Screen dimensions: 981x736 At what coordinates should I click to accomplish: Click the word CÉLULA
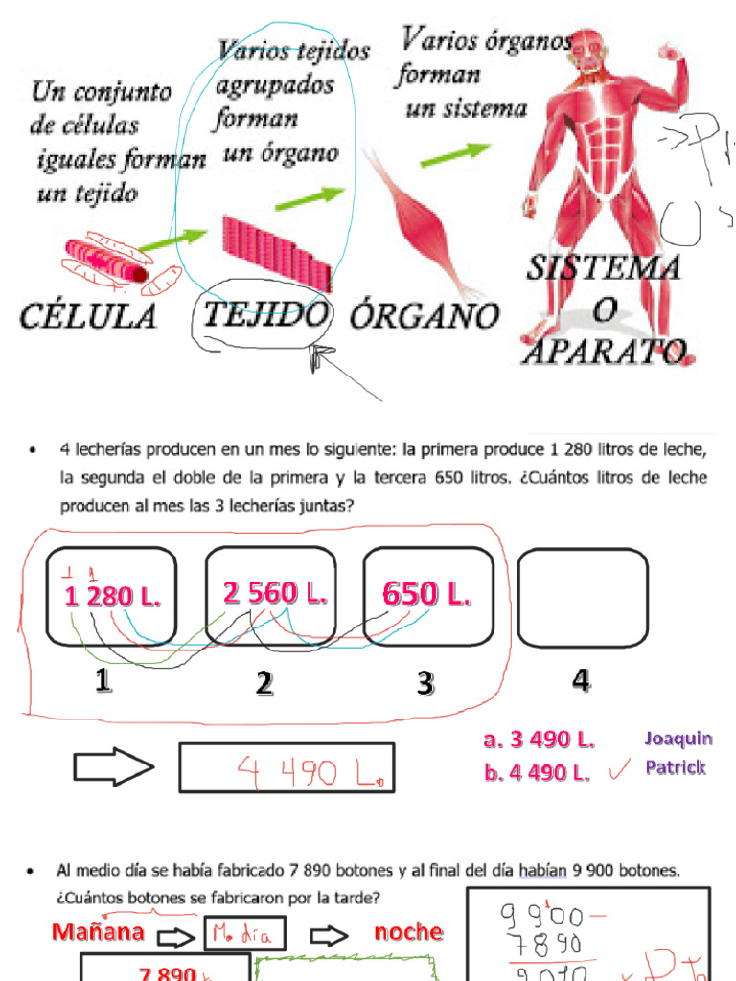tap(87, 316)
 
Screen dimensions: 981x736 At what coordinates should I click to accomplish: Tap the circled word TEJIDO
tap(265, 314)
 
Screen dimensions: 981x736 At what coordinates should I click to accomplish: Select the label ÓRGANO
tap(425, 315)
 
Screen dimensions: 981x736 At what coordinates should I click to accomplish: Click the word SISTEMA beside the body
tap(603, 267)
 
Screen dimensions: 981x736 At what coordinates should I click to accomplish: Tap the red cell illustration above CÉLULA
tap(107, 263)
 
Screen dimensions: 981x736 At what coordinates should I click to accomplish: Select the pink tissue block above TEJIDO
tap(278, 251)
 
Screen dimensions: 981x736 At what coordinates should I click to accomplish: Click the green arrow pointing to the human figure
tap(455, 153)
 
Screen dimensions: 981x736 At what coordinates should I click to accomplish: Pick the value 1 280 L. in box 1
tap(112, 597)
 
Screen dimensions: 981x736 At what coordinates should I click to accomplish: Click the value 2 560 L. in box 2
tap(275, 594)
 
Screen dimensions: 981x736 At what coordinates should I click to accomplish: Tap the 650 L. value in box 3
tap(427, 594)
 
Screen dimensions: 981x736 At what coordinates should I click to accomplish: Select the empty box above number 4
tap(582, 597)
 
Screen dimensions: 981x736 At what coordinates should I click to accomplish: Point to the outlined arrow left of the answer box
tap(114, 767)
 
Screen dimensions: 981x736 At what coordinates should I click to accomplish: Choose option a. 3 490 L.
tap(540, 740)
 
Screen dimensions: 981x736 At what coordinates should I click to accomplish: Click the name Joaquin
tap(678, 738)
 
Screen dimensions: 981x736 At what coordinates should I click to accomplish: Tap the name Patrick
tap(676, 767)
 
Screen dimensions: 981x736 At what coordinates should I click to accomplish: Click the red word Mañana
tap(99, 932)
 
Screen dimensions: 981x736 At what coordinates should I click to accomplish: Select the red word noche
tap(408, 932)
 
